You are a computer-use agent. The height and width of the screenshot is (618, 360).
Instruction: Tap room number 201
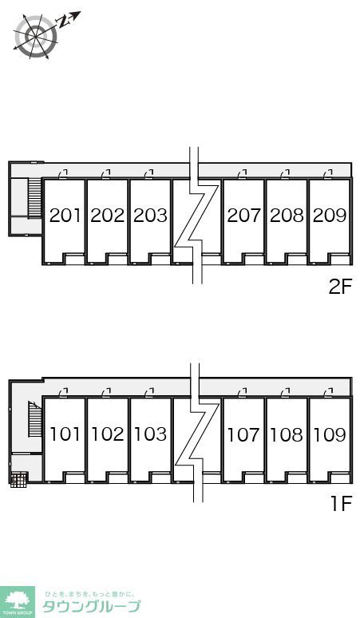(65, 216)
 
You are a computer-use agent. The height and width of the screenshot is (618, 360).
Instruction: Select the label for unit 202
(108, 216)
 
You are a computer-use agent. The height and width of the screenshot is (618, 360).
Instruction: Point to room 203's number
(150, 216)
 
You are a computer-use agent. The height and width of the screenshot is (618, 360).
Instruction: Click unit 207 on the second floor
(243, 216)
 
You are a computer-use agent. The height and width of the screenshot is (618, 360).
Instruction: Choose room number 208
(287, 216)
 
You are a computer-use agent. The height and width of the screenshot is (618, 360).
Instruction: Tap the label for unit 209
(329, 216)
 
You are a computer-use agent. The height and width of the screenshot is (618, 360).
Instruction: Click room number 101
(65, 434)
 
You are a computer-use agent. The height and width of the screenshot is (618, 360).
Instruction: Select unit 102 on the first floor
(108, 434)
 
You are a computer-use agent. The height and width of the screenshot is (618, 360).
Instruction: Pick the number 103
(150, 434)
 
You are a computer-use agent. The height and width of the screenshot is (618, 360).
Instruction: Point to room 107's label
(243, 434)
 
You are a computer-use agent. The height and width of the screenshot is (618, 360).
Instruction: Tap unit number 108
(287, 434)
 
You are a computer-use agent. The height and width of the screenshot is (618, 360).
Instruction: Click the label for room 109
(329, 434)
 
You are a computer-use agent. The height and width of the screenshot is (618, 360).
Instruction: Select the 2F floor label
(340, 287)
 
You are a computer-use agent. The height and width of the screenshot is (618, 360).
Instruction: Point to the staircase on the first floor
(34, 420)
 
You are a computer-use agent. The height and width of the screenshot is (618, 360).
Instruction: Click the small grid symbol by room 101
(18, 479)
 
